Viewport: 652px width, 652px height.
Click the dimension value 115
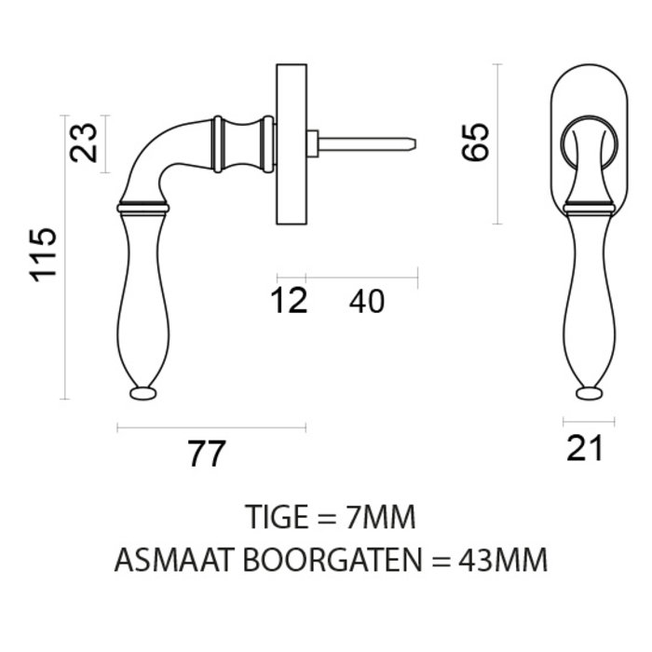coord(44,255)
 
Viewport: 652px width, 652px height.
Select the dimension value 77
coord(206,455)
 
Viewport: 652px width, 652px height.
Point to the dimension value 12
coord(291,302)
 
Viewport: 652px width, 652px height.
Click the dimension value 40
coord(366,302)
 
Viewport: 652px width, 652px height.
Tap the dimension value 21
coord(585,449)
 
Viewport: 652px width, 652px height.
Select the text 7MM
coord(376,517)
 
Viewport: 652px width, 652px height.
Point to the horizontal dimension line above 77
coord(211,428)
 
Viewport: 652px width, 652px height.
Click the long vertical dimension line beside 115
coord(65,256)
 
